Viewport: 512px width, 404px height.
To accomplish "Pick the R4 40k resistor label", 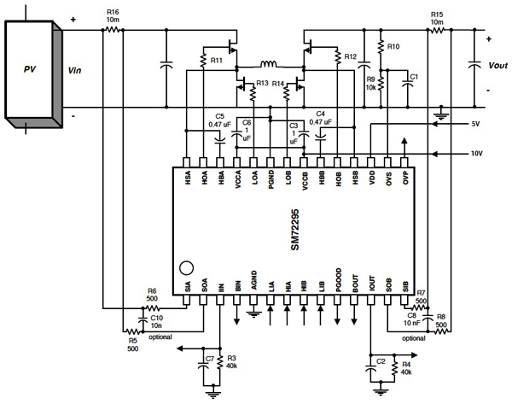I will (406, 369).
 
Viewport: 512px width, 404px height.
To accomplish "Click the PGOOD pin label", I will (338, 284).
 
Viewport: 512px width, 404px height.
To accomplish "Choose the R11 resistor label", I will (216, 61).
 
